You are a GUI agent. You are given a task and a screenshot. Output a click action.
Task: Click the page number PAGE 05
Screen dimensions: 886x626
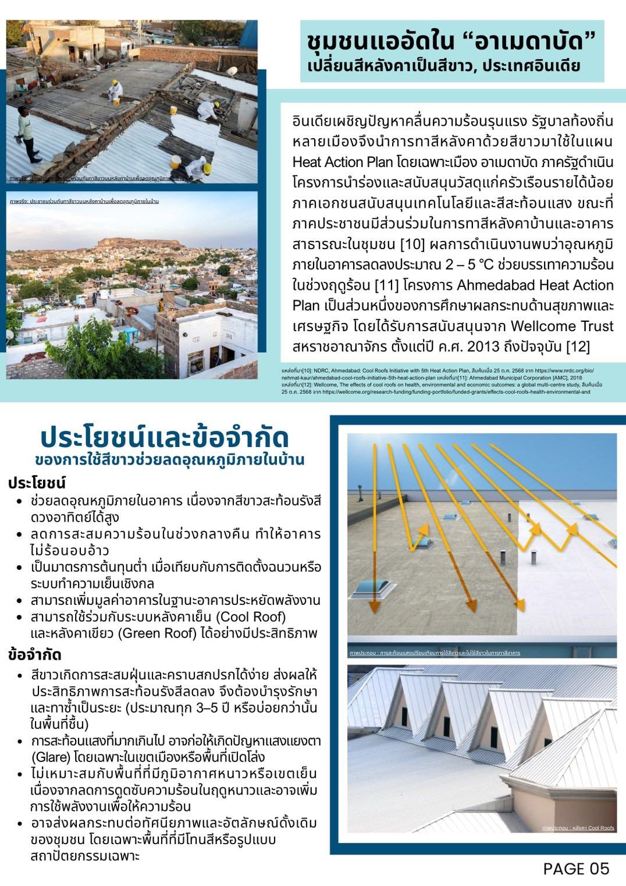[x=576, y=869]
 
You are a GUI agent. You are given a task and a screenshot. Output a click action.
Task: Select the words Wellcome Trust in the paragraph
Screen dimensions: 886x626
[x=562, y=326]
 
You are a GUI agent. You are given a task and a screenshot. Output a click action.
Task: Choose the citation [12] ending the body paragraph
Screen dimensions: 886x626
[x=578, y=347]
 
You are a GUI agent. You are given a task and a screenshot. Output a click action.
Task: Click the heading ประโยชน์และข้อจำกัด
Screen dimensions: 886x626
[x=165, y=438]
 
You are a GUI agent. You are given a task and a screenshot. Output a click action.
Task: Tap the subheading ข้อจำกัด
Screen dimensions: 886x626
[x=35, y=654]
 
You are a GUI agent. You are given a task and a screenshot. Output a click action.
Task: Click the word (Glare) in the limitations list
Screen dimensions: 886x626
[x=49, y=757]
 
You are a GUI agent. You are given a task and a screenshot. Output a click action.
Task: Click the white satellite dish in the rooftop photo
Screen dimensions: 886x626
[x=232, y=71]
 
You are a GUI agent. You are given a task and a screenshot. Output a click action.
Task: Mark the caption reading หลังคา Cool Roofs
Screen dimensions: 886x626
[x=578, y=828]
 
